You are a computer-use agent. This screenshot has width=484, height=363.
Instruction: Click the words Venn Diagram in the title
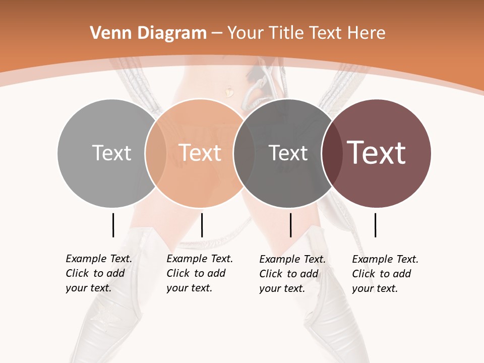point(148,33)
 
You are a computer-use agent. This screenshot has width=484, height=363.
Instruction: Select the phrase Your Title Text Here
point(306,33)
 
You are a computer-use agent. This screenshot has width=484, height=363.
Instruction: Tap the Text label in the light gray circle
point(111,153)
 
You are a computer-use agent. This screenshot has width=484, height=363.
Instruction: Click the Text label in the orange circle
point(200,153)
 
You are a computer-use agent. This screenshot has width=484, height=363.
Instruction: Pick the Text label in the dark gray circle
point(288,153)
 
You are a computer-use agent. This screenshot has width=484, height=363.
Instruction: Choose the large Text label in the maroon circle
point(377,153)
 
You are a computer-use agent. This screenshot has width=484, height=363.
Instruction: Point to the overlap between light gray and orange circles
point(156,153)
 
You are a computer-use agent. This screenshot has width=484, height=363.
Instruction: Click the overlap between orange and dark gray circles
point(244,153)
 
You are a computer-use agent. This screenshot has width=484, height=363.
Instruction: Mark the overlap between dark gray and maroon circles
point(332,153)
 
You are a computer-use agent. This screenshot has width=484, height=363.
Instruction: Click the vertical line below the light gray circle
point(113,225)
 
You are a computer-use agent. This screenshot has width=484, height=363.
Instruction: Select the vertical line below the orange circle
point(202,225)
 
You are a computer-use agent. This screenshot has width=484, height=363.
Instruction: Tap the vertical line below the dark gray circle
point(290,225)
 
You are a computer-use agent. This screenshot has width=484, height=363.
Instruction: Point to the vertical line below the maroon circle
point(375,225)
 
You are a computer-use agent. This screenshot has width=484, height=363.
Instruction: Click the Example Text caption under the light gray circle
point(98,273)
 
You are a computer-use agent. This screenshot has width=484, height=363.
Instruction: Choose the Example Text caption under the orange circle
point(199,273)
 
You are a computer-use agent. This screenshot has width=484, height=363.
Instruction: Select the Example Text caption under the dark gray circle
point(292,273)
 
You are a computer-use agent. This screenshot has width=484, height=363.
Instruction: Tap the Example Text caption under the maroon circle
point(385,273)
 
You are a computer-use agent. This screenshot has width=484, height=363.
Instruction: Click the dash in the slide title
point(217,34)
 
